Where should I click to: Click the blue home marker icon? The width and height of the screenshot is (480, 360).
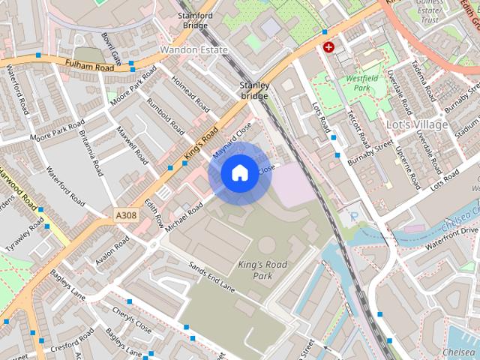click(238, 173)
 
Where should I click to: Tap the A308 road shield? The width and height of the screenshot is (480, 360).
click(127, 215)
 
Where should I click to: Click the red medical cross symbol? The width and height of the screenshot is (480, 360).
click(328, 47)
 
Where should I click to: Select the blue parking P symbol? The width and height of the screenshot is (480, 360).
click(354, 216)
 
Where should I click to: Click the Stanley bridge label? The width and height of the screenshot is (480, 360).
click(254, 91)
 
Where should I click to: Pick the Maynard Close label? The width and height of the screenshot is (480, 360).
click(232, 141)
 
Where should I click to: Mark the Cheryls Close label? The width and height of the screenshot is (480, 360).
click(132, 319)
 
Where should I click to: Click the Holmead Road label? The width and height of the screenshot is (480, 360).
click(190, 94)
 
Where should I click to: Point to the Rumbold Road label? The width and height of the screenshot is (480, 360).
click(164, 116)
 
